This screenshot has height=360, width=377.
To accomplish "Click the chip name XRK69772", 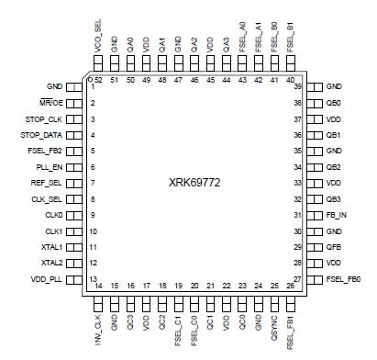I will [194, 183].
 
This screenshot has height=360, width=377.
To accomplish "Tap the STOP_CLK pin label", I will [40, 119].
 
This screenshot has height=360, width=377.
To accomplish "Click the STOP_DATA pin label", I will [39, 136].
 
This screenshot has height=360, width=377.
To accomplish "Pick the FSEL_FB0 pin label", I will [347, 279].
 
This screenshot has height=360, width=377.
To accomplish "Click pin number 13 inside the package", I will [94, 279].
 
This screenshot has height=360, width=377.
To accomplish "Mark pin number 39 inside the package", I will [298, 87].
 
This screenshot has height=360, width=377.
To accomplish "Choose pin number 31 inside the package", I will [298, 215].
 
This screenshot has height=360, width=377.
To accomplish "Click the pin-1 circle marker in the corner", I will [90, 79].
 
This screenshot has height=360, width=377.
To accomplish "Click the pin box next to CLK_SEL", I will [75, 199].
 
